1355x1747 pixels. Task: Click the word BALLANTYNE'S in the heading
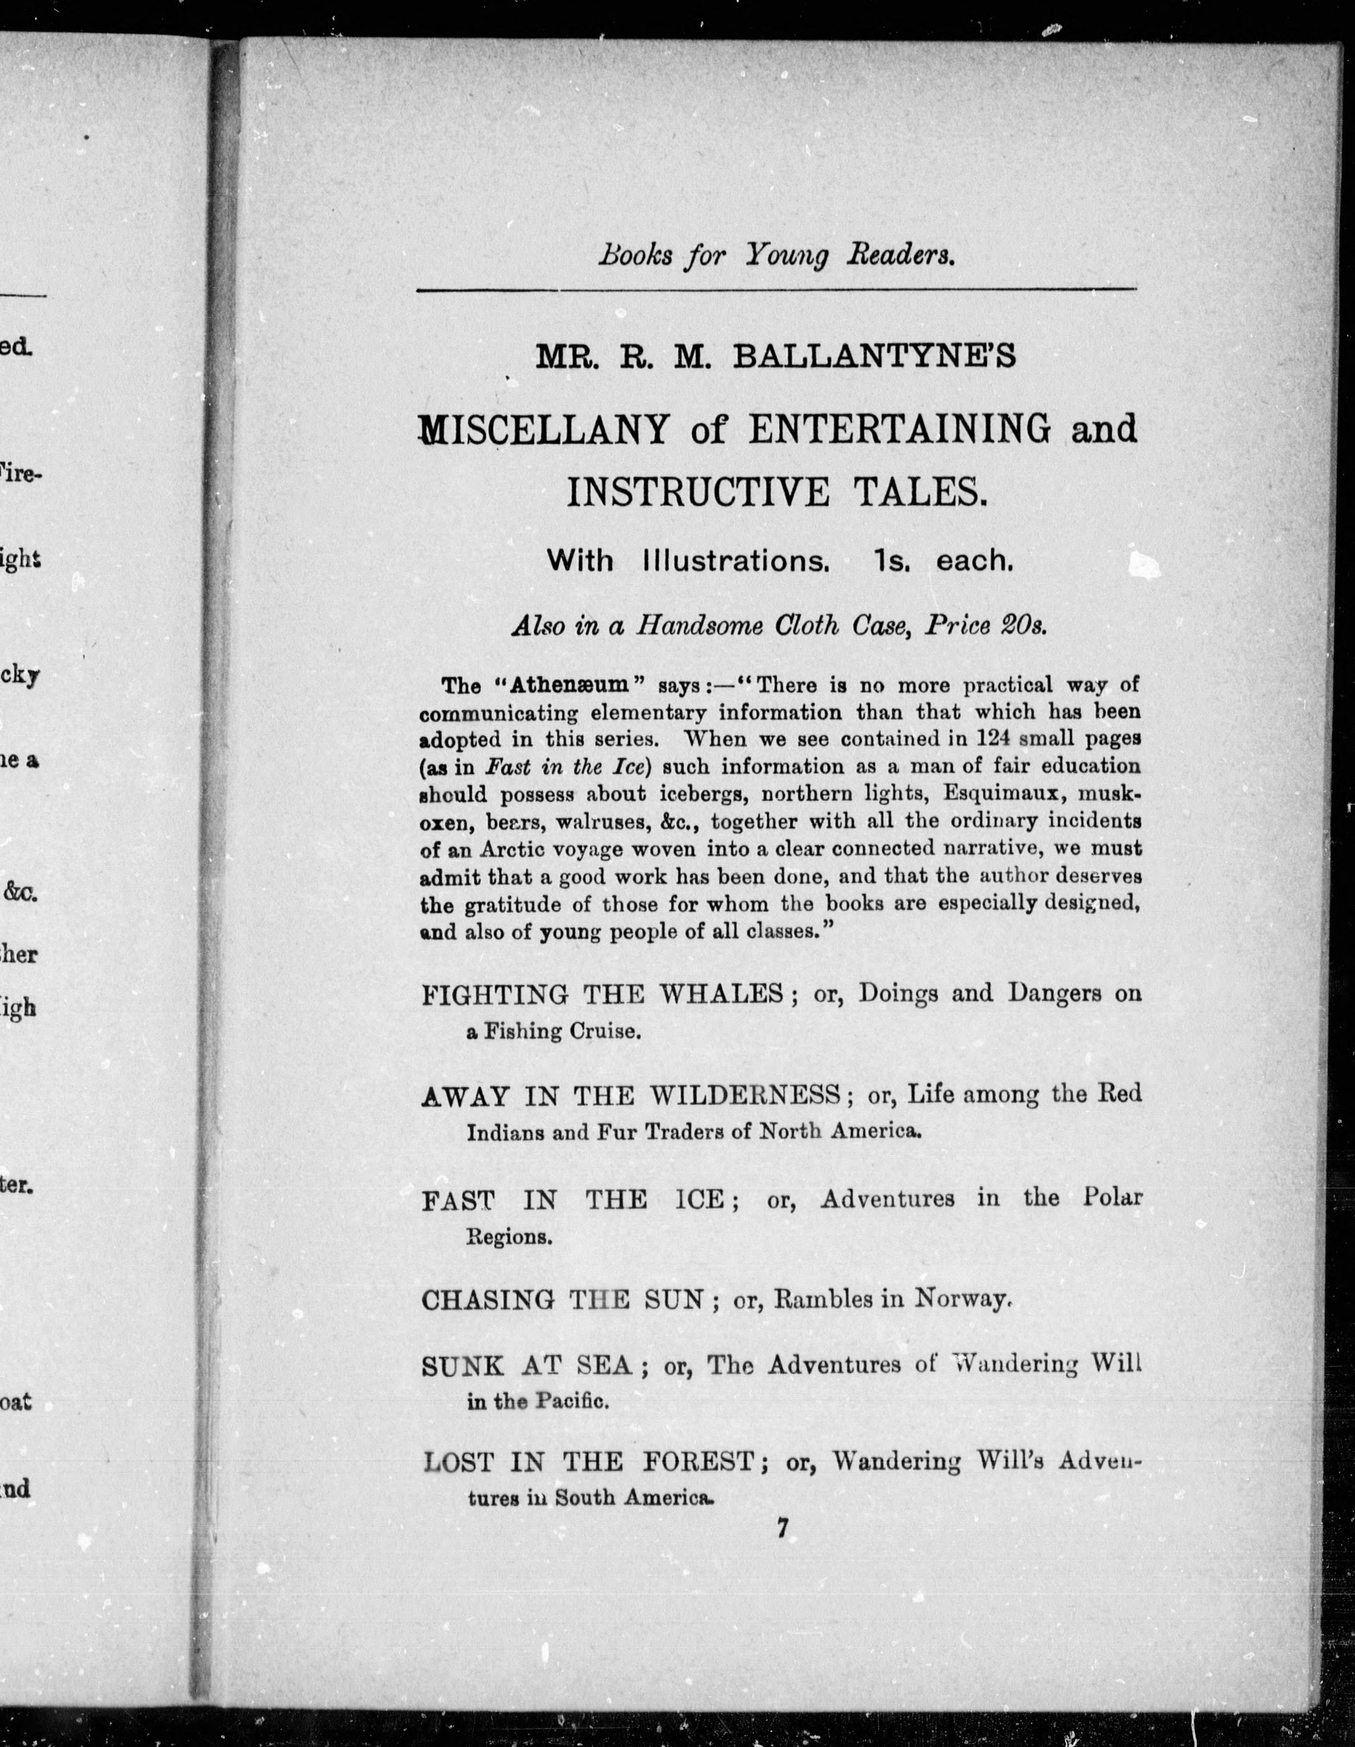pyautogui.click(x=874, y=356)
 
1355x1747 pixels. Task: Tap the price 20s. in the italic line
pyautogui.click(x=1021, y=625)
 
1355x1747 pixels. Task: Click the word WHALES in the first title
pyautogui.click(x=720, y=994)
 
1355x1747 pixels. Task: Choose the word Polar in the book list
pyautogui.click(x=1112, y=1198)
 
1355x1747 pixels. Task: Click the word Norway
pyautogui.click(x=959, y=1300)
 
